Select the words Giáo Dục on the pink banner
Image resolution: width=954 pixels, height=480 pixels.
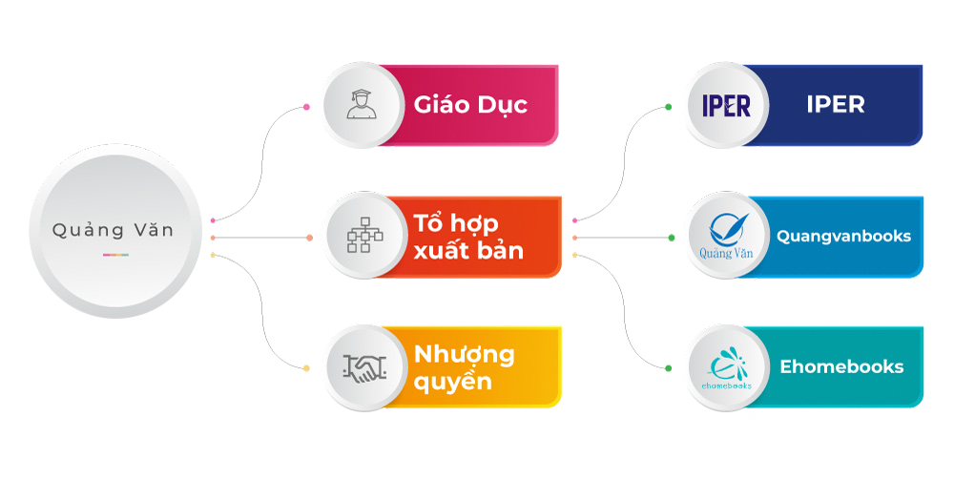470,105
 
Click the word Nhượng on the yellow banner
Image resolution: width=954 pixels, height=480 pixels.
465,355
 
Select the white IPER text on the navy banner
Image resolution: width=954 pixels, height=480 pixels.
835,105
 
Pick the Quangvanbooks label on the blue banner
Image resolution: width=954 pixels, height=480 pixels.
843,236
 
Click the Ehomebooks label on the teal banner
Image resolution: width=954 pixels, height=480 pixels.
841,366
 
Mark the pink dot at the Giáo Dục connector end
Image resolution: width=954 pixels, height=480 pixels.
305,106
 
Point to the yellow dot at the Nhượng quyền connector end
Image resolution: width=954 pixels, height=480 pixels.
306,368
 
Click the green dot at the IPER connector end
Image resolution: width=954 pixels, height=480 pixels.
670,107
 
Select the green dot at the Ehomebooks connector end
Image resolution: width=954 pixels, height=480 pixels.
670,367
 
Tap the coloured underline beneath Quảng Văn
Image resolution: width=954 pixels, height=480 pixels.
115,255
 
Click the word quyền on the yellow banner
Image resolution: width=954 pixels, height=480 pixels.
453,382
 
